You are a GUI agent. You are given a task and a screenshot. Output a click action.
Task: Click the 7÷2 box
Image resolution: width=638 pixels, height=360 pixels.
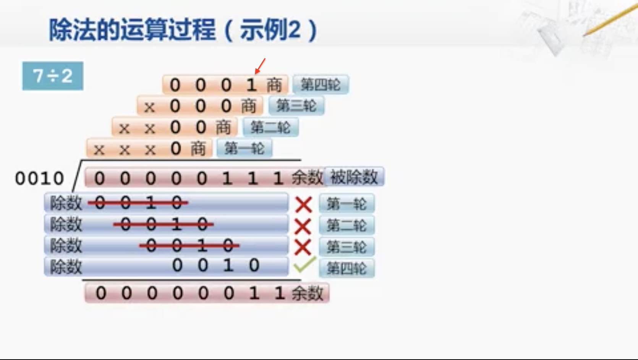pos(53,76)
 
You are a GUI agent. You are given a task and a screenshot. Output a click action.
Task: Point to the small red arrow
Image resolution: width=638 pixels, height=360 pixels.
pos(260,66)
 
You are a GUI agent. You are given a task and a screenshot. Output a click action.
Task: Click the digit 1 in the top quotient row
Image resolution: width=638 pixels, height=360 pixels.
pos(251,85)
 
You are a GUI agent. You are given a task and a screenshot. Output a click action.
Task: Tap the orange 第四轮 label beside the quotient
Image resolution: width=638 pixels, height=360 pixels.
pos(321,84)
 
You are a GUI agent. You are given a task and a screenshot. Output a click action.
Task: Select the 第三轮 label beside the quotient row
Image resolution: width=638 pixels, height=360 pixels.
pos(296,106)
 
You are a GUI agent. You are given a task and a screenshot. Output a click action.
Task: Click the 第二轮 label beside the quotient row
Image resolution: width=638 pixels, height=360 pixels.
pos(270,127)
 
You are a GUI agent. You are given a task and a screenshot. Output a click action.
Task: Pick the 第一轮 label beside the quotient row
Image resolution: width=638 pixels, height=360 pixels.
pos(245,148)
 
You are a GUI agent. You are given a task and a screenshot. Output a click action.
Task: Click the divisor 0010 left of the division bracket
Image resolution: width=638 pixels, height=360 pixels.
pos(39,178)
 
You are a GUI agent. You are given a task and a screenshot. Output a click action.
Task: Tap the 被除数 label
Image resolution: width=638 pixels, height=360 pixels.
pos(354,177)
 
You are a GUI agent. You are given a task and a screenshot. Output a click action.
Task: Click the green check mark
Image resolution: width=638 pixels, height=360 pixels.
pos(304,264)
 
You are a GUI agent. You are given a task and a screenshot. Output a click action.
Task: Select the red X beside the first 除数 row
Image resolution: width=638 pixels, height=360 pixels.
pos(304,204)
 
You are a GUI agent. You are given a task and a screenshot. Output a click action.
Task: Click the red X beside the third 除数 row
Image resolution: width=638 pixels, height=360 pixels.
pos(303,247)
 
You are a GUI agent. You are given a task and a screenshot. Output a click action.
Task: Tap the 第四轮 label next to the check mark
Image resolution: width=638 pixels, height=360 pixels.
pos(347,268)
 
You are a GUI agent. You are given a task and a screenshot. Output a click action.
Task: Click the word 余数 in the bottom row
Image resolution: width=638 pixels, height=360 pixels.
pos(307,294)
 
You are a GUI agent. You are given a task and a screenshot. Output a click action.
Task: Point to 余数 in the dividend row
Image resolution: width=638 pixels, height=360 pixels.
pos(307,178)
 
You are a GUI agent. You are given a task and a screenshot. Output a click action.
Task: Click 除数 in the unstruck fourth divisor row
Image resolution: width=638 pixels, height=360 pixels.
pos(66,267)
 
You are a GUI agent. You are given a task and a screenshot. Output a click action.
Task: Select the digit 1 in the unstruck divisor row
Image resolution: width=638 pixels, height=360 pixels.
pos(228,265)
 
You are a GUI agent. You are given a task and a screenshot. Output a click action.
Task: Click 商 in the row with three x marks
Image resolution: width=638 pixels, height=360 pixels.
pos(198,149)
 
